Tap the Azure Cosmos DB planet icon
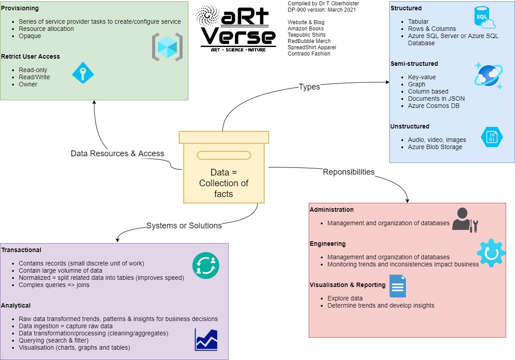(488, 75)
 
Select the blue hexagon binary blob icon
(492, 137)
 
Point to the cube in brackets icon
(167, 47)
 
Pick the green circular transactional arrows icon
(206, 265)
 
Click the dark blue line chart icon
(206, 340)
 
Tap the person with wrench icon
(464, 220)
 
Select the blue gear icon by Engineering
(491, 253)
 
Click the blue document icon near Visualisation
(397, 286)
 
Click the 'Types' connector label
(309, 87)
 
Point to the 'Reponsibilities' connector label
(349, 172)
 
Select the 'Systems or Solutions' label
(184, 226)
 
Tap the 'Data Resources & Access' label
(117, 154)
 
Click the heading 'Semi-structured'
(414, 64)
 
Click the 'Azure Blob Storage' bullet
(435, 147)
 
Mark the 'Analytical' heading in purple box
(16, 305)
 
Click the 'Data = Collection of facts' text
(224, 183)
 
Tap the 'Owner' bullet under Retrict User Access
(28, 84)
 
